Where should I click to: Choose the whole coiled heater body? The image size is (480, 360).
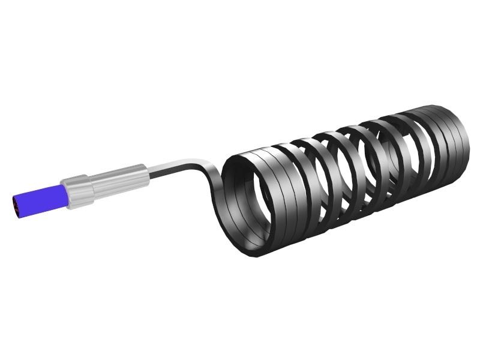[x=342, y=180]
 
